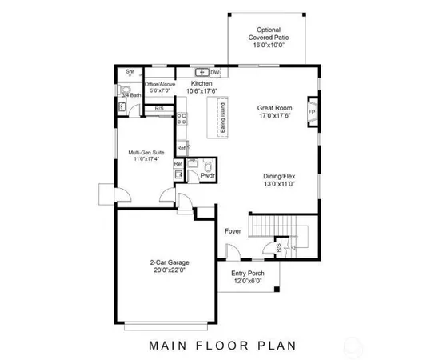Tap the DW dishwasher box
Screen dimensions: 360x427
pyautogui.click(x=215, y=72)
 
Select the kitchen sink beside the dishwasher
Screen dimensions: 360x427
pyautogui.click(x=202, y=72)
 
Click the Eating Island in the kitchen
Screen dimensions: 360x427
pyautogui.click(x=221, y=120)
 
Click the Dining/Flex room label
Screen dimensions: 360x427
pyautogui.click(x=279, y=180)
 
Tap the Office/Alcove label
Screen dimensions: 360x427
pyautogui.click(x=160, y=86)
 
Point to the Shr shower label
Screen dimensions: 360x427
pyautogui.click(x=130, y=72)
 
